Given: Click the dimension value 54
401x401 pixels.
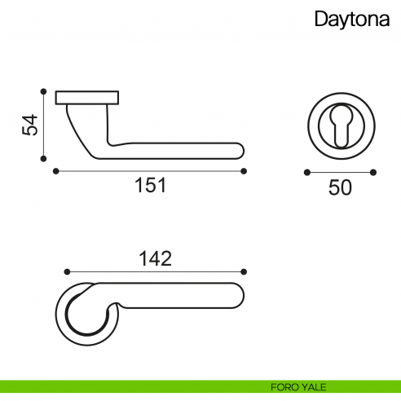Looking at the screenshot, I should [x=29, y=125].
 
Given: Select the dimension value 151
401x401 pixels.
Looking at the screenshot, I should [x=150, y=185].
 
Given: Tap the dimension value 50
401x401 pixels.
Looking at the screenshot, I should [x=340, y=187].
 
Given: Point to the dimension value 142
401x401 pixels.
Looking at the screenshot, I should [x=155, y=258].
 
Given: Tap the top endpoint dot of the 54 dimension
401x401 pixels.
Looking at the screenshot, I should [x=43, y=91].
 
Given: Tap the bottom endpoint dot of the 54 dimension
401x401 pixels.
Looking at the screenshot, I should [x=43, y=159].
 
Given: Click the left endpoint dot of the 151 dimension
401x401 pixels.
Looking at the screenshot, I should [x=55, y=171].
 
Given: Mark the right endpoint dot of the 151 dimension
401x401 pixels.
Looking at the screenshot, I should [x=245, y=171].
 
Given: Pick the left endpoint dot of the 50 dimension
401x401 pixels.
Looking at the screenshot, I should [x=306, y=172].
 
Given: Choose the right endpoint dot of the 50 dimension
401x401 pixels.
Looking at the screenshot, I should [x=373, y=172].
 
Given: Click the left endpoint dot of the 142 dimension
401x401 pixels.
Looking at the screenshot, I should [x=66, y=271].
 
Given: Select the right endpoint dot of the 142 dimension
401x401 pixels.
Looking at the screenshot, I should [x=245, y=271].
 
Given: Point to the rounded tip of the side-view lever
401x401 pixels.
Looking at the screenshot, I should [x=239, y=149].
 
